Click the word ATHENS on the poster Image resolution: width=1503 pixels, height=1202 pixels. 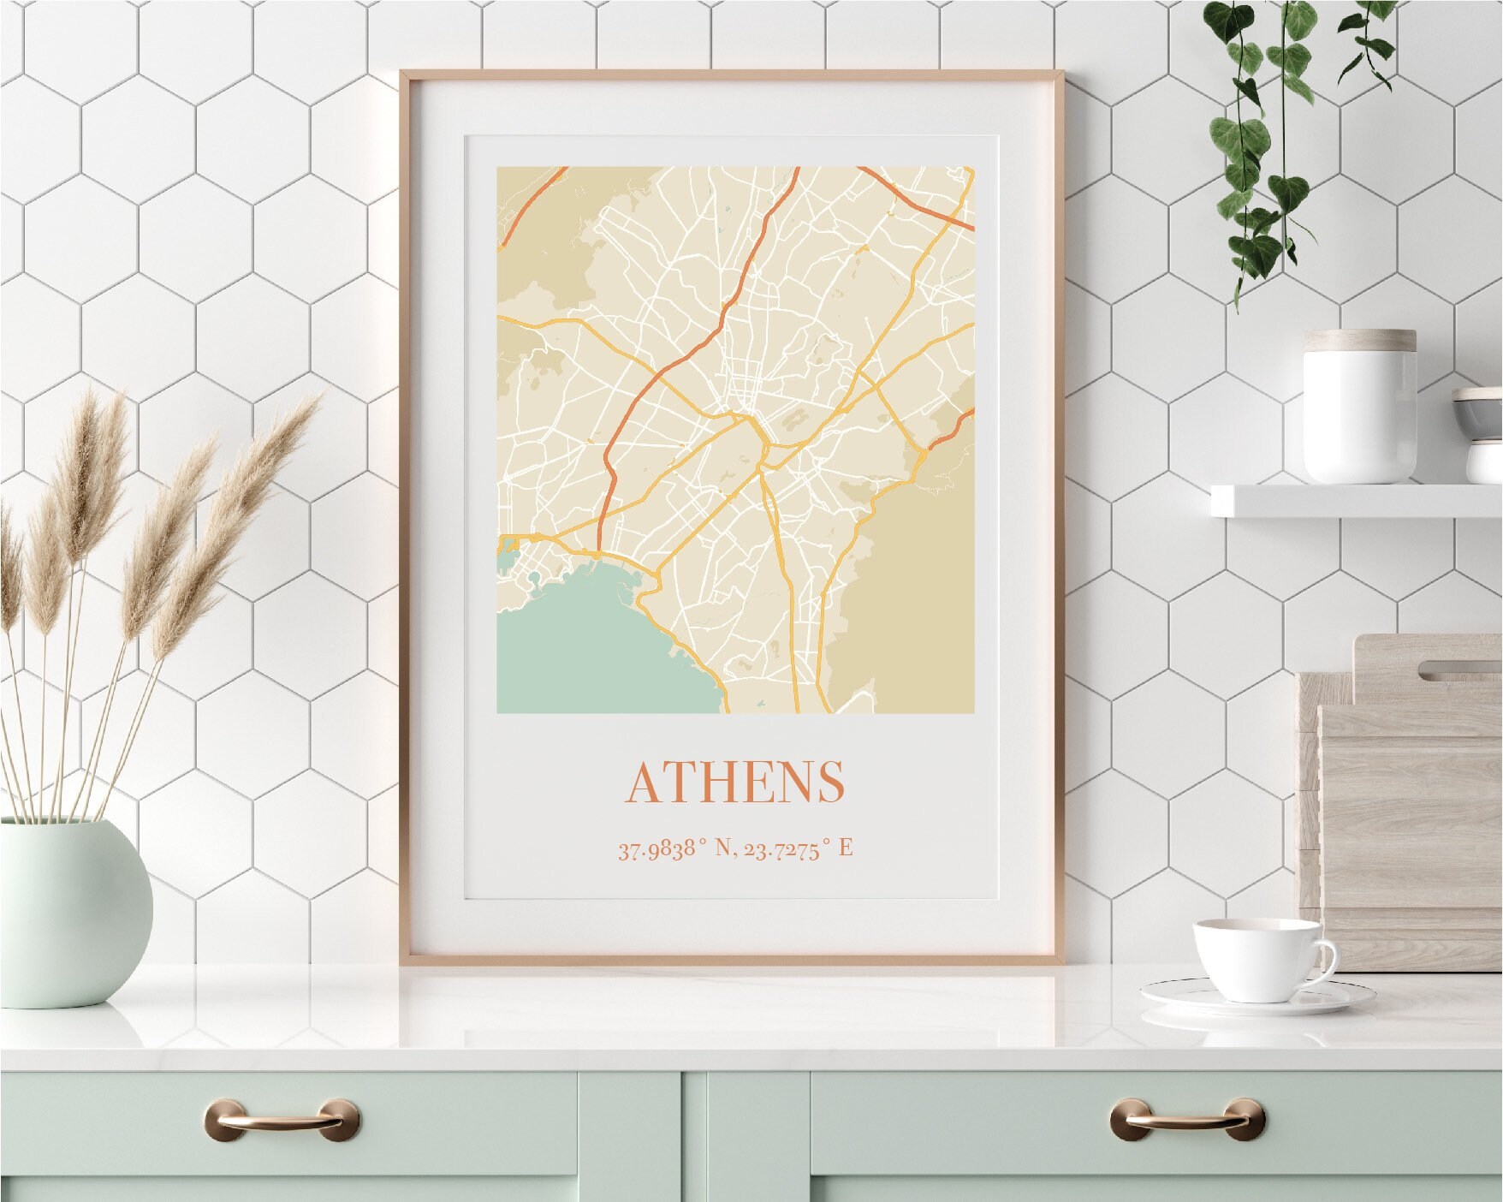pyautogui.click(x=736, y=781)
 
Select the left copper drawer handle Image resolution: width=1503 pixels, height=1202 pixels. pyautogui.click(x=281, y=1118)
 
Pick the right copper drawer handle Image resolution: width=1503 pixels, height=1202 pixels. pyautogui.click(x=1186, y=1118)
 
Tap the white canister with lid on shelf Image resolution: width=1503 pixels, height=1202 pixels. pyautogui.click(x=1359, y=411)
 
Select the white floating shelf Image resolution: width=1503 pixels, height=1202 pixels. pyautogui.click(x=1356, y=500)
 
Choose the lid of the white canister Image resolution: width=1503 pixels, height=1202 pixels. pyautogui.click(x=1359, y=341)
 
